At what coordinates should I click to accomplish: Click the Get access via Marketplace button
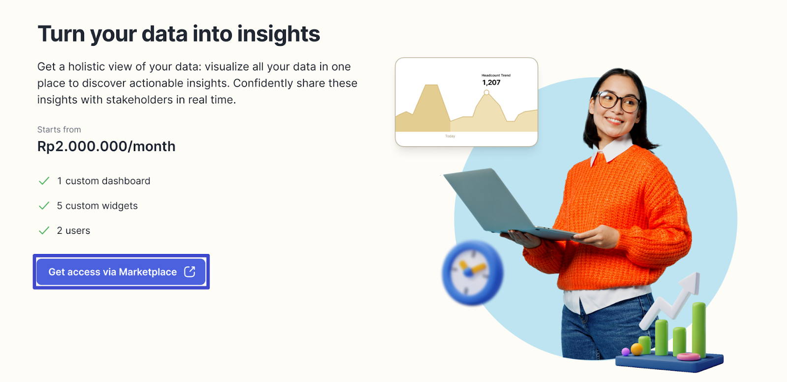[x=121, y=272]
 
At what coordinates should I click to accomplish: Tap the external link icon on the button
[x=190, y=272]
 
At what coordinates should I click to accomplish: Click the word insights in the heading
[x=278, y=34]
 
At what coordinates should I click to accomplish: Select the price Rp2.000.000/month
[x=106, y=146]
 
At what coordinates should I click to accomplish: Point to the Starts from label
[x=59, y=129]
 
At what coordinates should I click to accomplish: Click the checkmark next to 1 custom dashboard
[x=44, y=181]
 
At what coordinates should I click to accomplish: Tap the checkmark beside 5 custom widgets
[x=44, y=206]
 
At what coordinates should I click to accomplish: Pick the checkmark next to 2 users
[x=44, y=231]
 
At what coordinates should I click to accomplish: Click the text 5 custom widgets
[x=97, y=206]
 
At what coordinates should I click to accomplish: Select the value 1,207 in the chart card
[x=491, y=83]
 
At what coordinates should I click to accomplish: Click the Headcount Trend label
[x=496, y=75]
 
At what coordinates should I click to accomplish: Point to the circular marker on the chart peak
[x=486, y=93]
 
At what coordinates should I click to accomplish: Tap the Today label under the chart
[x=450, y=136]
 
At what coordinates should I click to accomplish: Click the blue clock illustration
[x=472, y=273]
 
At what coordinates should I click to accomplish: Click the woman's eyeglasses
[x=618, y=102]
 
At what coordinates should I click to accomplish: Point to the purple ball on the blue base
[x=625, y=351]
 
